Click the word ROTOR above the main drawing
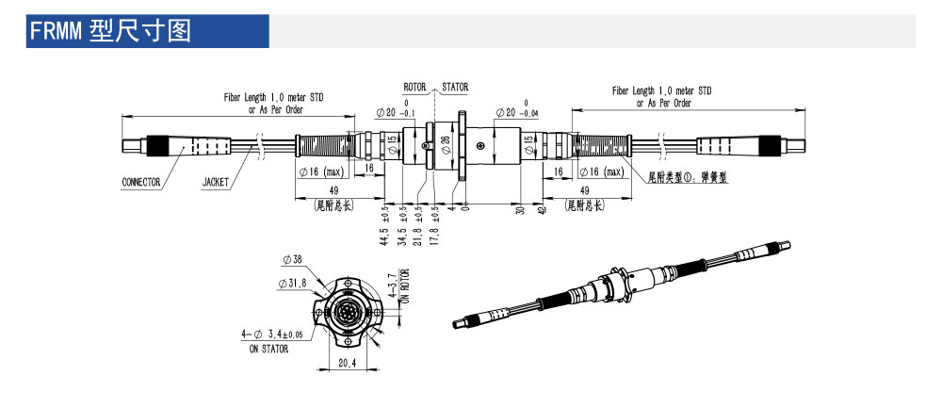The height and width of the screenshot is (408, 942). (416, 87)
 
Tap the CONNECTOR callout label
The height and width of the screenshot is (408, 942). (141, 182)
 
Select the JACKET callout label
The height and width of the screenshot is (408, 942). (215, 182)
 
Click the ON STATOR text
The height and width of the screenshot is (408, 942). (267, 349)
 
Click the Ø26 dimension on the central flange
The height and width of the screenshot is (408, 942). (446, 144)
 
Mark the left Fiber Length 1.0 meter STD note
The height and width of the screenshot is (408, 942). (273, 98)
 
